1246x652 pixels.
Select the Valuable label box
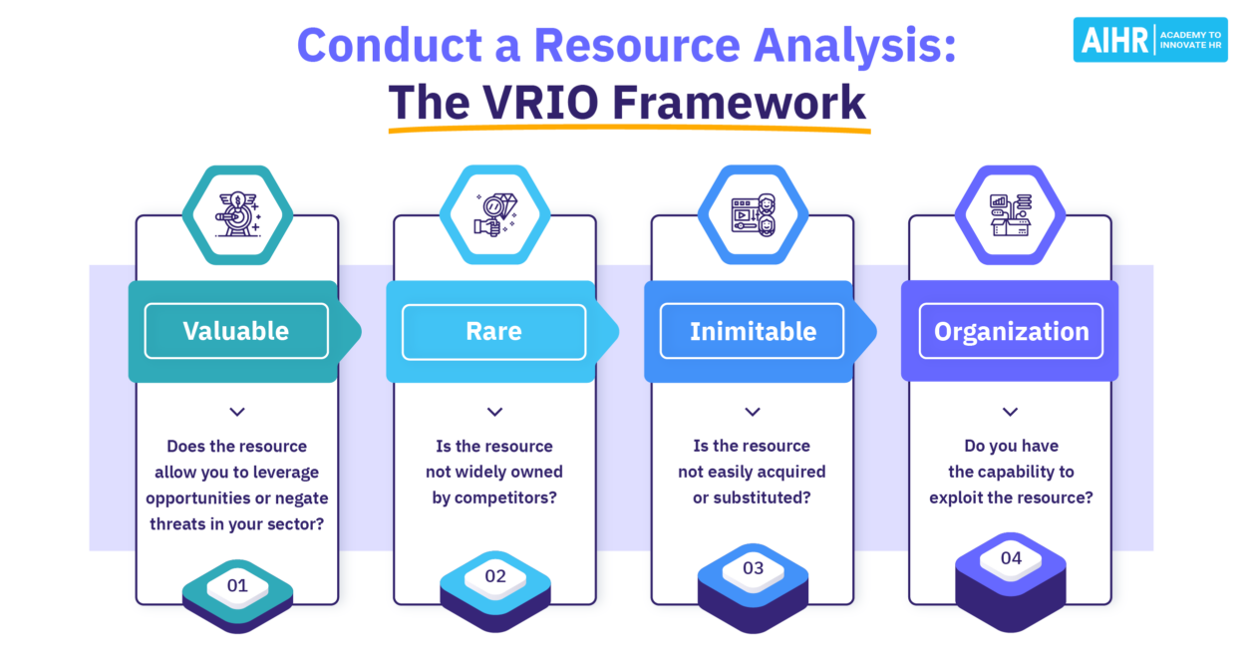(x=236, y=331)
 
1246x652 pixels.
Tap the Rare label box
(x=493, y=331)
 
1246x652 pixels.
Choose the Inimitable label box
(x=753, y=331)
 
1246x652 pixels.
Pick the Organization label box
(x=1011, y=331)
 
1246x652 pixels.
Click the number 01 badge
(x=237, y=586)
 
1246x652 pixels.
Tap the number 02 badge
(x=495, y=576)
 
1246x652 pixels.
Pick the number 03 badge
(x=753, y=568)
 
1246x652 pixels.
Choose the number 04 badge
(x=1011, y=558)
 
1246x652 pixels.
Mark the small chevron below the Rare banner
(x=494, y=412)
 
